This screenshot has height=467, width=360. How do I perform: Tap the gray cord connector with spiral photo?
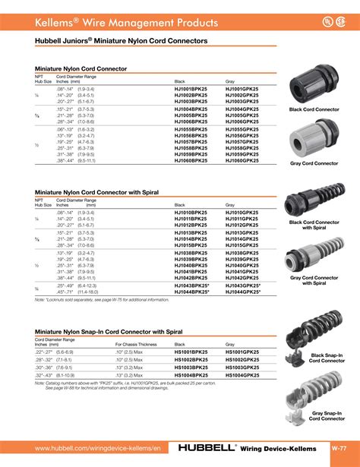coord(312,255)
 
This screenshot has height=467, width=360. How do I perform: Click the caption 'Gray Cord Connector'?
coord(314,163)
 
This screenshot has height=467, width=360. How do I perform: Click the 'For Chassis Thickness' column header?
coord(129,346)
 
